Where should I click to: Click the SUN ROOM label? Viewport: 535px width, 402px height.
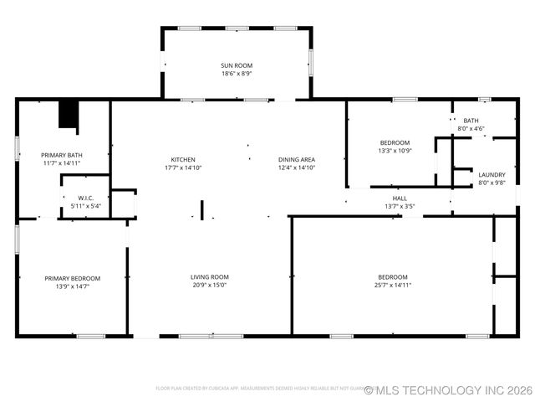(237, 65)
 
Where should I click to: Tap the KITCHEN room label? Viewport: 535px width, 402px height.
(183, 160)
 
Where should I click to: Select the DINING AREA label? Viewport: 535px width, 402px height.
(296, 160)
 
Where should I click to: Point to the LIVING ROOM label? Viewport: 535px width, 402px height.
(209, 277)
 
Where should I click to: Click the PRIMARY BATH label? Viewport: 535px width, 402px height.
(63, 155)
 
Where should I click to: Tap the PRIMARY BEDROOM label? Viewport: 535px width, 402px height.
(73, 278)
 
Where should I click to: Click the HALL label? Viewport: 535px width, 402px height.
(400, 198)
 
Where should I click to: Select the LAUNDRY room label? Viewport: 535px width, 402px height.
(492, 175)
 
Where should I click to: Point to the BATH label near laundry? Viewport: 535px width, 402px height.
(471, 121)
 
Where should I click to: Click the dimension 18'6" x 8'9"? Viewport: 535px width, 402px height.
(237, 74)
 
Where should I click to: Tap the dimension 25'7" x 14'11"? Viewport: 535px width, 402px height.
(392, 286)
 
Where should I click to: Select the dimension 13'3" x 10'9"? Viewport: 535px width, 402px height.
(395, 151)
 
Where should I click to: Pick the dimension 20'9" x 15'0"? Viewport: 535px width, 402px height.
(209, 286)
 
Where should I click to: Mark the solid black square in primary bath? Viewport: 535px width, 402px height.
(69, 115)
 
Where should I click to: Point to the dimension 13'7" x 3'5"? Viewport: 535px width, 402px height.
(400, 206)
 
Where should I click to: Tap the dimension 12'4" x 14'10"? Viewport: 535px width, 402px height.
(296, 167)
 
